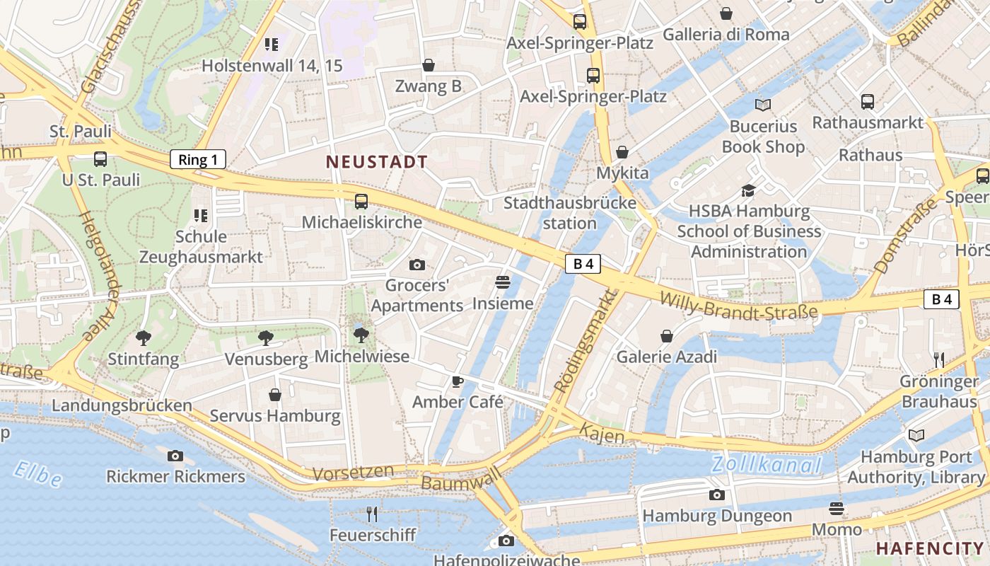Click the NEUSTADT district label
[377, 162]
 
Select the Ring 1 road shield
[198, 159]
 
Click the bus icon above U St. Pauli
[100, 159]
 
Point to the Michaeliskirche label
[361, 222]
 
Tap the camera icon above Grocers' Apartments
[417, 265]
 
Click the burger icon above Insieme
[503, 282]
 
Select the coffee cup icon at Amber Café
[458, 382]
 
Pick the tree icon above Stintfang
[144, 338]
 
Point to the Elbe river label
[38, 474]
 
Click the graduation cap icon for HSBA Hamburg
[748, 190]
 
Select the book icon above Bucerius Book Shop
[762, 105]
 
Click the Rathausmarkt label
[868, 122]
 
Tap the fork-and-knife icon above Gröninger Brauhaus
[938, 360]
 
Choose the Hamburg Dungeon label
[717, 516]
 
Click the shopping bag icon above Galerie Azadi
[666, 336]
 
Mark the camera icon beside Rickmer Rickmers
[175, 456]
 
